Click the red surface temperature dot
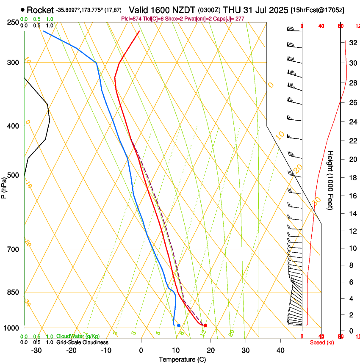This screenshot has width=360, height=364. click(205, 325)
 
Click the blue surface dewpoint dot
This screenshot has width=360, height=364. click(179, 325)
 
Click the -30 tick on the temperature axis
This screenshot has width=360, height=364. click(36, 350)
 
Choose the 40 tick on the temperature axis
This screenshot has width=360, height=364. click(280, 350)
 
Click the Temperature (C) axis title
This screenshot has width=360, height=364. click(182, 359)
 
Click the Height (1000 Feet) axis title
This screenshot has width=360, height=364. click(330, 180)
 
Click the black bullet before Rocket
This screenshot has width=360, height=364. click(22, 10)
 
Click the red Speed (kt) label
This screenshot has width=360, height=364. click(322, 342)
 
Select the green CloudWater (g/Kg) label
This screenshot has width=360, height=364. click(78, 336)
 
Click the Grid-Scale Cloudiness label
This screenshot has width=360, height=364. click(82, 342)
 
